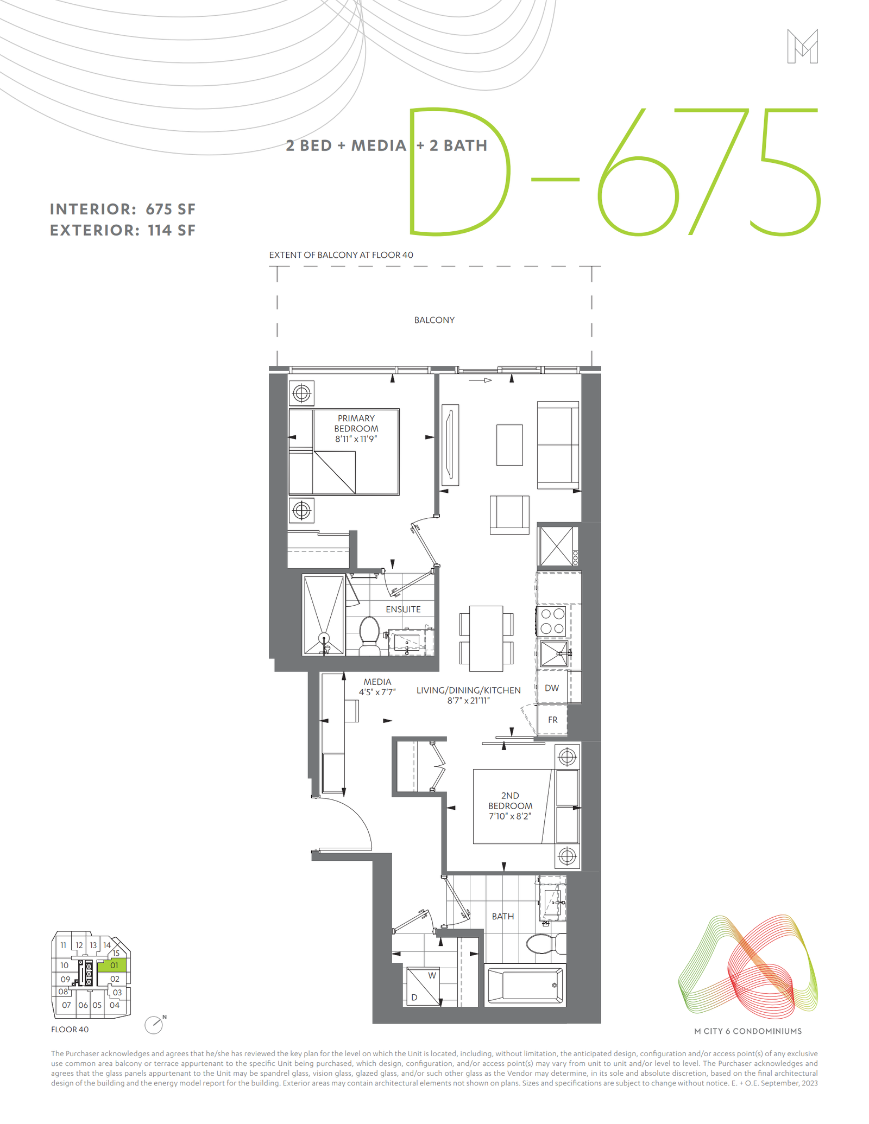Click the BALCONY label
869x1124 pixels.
click(x=434, y=320)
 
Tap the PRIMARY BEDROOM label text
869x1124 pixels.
click(x=356, y=423)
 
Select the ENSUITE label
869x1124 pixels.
click(x=403, y=609)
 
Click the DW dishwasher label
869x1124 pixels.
click(x=552, y=688)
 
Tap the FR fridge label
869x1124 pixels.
click(x=552, y=720)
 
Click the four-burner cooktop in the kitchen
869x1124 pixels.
click(x=552, y=621)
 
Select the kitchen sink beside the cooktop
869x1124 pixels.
click(x=554, y=653)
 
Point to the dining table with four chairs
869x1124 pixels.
click(x=486, y=638)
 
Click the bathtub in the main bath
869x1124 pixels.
click(x=525, y=985)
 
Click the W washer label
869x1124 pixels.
click(x=432, y=975)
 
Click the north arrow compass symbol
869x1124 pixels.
click(x=154, y=1025)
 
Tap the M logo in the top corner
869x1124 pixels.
click(x=802, y=47)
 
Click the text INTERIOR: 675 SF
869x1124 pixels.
click(x=123, y=209)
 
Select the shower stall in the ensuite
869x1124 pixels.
click(x=324, y=615)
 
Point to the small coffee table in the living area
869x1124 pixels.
click(x=509, y=445)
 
